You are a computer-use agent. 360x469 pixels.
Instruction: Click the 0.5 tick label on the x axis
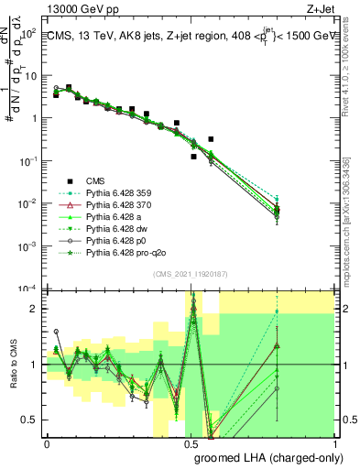191,443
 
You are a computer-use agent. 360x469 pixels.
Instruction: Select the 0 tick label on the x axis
47,443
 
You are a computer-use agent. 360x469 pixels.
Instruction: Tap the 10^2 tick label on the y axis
28,32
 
